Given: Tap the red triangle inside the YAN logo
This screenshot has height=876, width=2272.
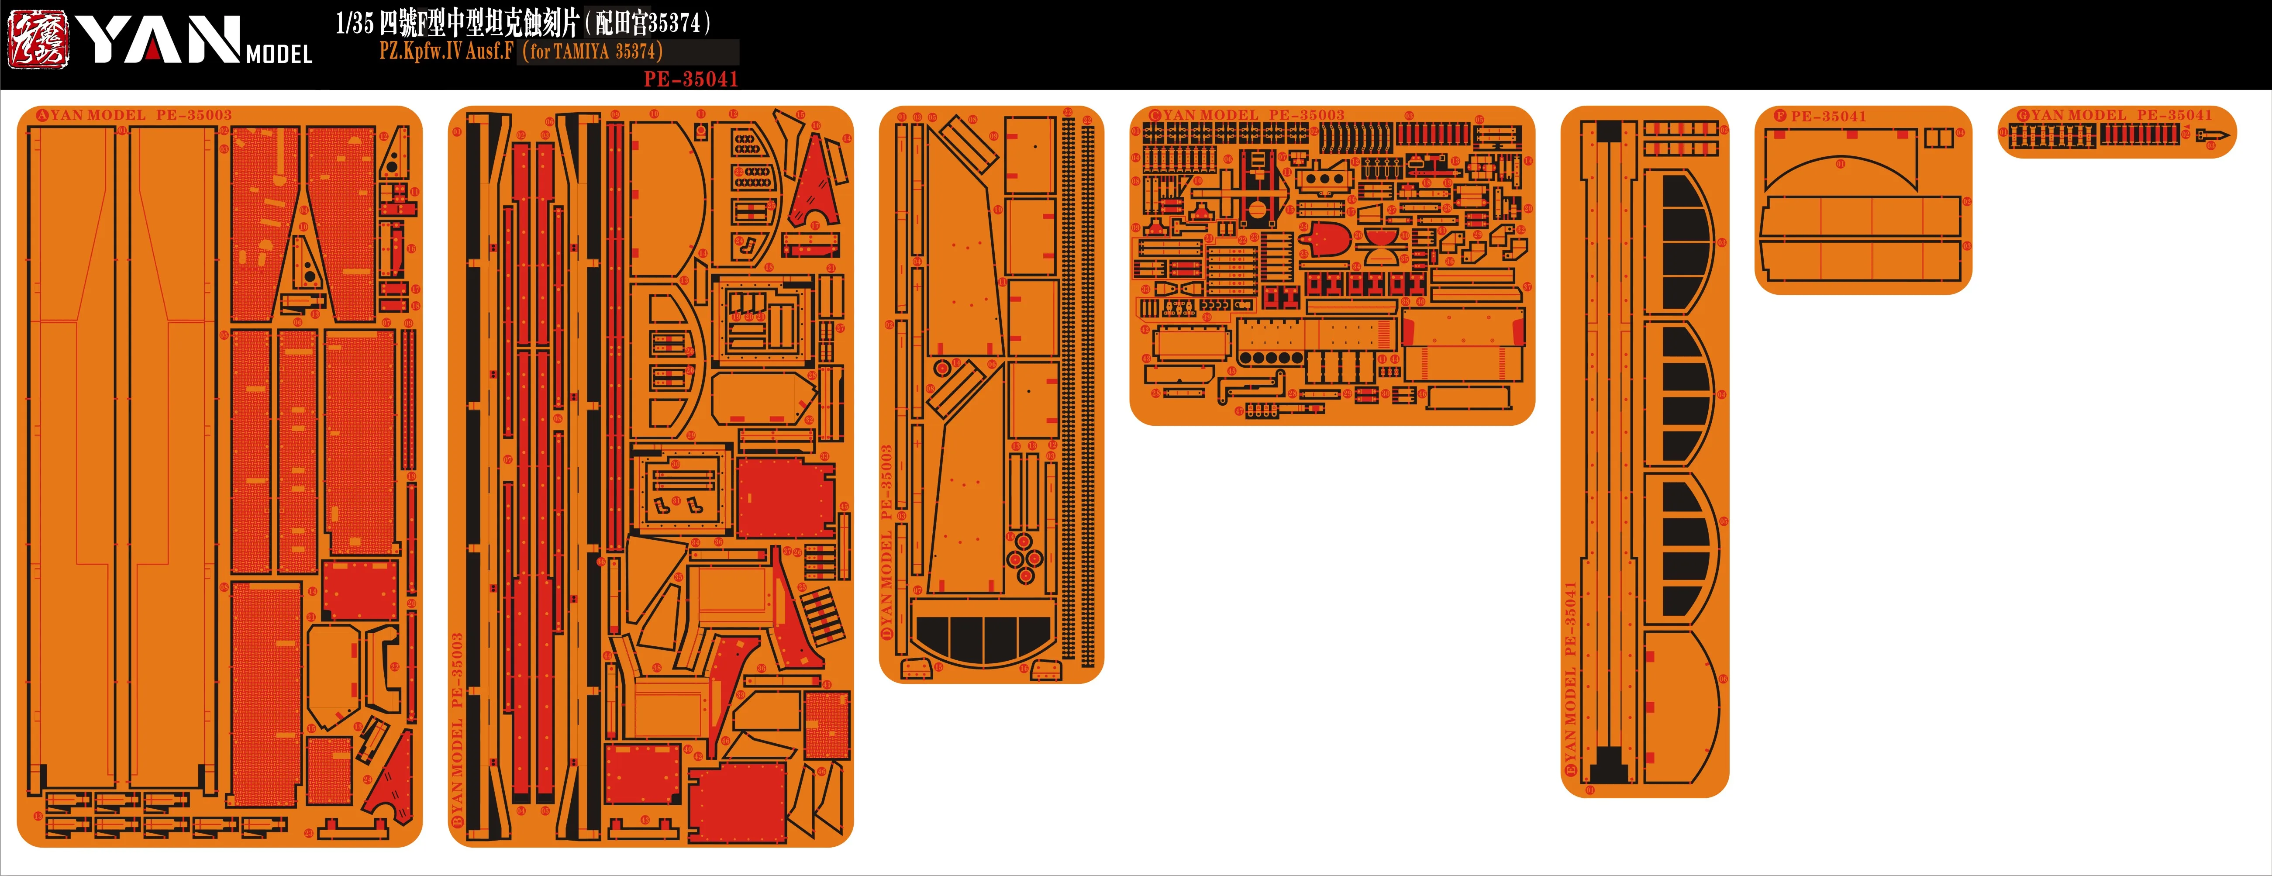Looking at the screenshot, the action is [152, 48].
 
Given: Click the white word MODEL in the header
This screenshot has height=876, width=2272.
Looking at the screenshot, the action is [279, 55].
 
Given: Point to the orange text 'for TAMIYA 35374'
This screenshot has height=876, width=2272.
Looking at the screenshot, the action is [593, 51].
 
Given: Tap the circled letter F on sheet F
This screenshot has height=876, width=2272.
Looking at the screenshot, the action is [1780, 116].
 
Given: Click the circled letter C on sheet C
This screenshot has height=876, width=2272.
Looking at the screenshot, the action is [1155, 116].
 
